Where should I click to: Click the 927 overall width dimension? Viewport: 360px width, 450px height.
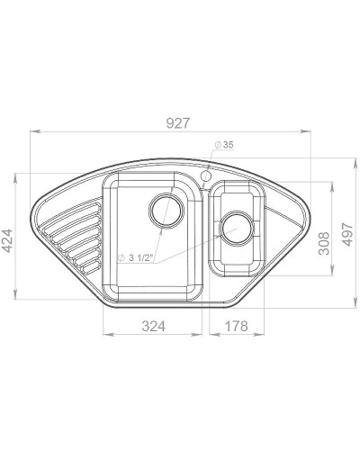[178, 123]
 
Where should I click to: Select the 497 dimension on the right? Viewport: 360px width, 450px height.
[347, 234]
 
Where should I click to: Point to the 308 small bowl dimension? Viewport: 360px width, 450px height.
[324, 243]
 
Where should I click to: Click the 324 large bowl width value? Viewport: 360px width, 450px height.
[154, 326]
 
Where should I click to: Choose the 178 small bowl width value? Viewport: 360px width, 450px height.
[237, 326]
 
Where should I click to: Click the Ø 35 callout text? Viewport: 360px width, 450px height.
[224, 145]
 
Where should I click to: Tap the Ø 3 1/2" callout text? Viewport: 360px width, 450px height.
[136, 257]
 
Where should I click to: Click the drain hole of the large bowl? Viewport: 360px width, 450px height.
[166, 211]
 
